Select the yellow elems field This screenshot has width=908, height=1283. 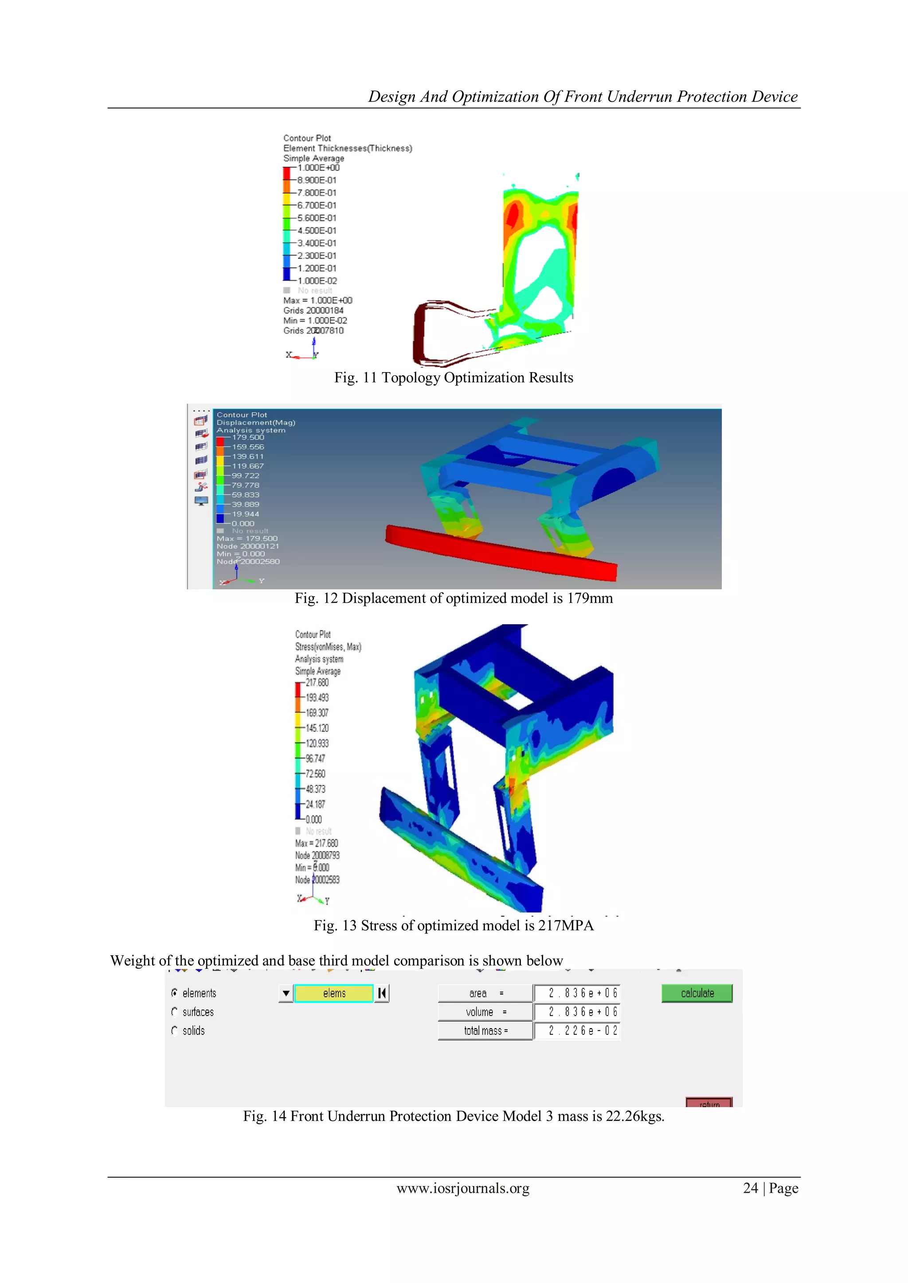tap(334, 993)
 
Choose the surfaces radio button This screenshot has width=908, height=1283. tap(174, 1012)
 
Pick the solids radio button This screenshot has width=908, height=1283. tap(174, 1030)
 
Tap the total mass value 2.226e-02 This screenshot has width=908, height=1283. tap(577, 1030)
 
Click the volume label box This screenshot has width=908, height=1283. tap(485, 1012)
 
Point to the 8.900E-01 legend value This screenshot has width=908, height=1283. tap(317, 180)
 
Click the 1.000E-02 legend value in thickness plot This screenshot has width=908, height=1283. tap(317, 280)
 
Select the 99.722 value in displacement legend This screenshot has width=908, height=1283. tap(246, 475)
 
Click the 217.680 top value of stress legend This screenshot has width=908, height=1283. tap(317, 682)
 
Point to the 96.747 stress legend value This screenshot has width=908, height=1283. tap(315, 758)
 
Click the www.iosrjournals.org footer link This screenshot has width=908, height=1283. tap(462, 1188)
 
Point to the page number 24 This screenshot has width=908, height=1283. tap(750, 1188)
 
